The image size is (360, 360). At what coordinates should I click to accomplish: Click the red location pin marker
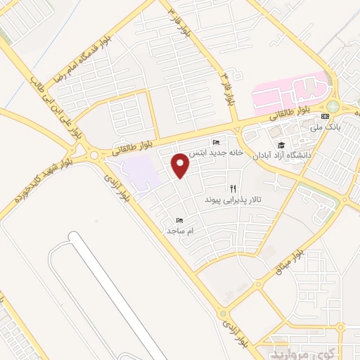181,165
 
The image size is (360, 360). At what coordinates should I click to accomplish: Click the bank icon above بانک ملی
324,116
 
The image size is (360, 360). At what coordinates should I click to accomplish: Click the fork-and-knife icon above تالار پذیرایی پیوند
233,188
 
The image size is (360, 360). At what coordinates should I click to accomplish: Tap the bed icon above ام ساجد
179,220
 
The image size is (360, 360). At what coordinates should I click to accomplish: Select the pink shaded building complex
288,95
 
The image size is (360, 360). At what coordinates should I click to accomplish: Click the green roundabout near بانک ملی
333,107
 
